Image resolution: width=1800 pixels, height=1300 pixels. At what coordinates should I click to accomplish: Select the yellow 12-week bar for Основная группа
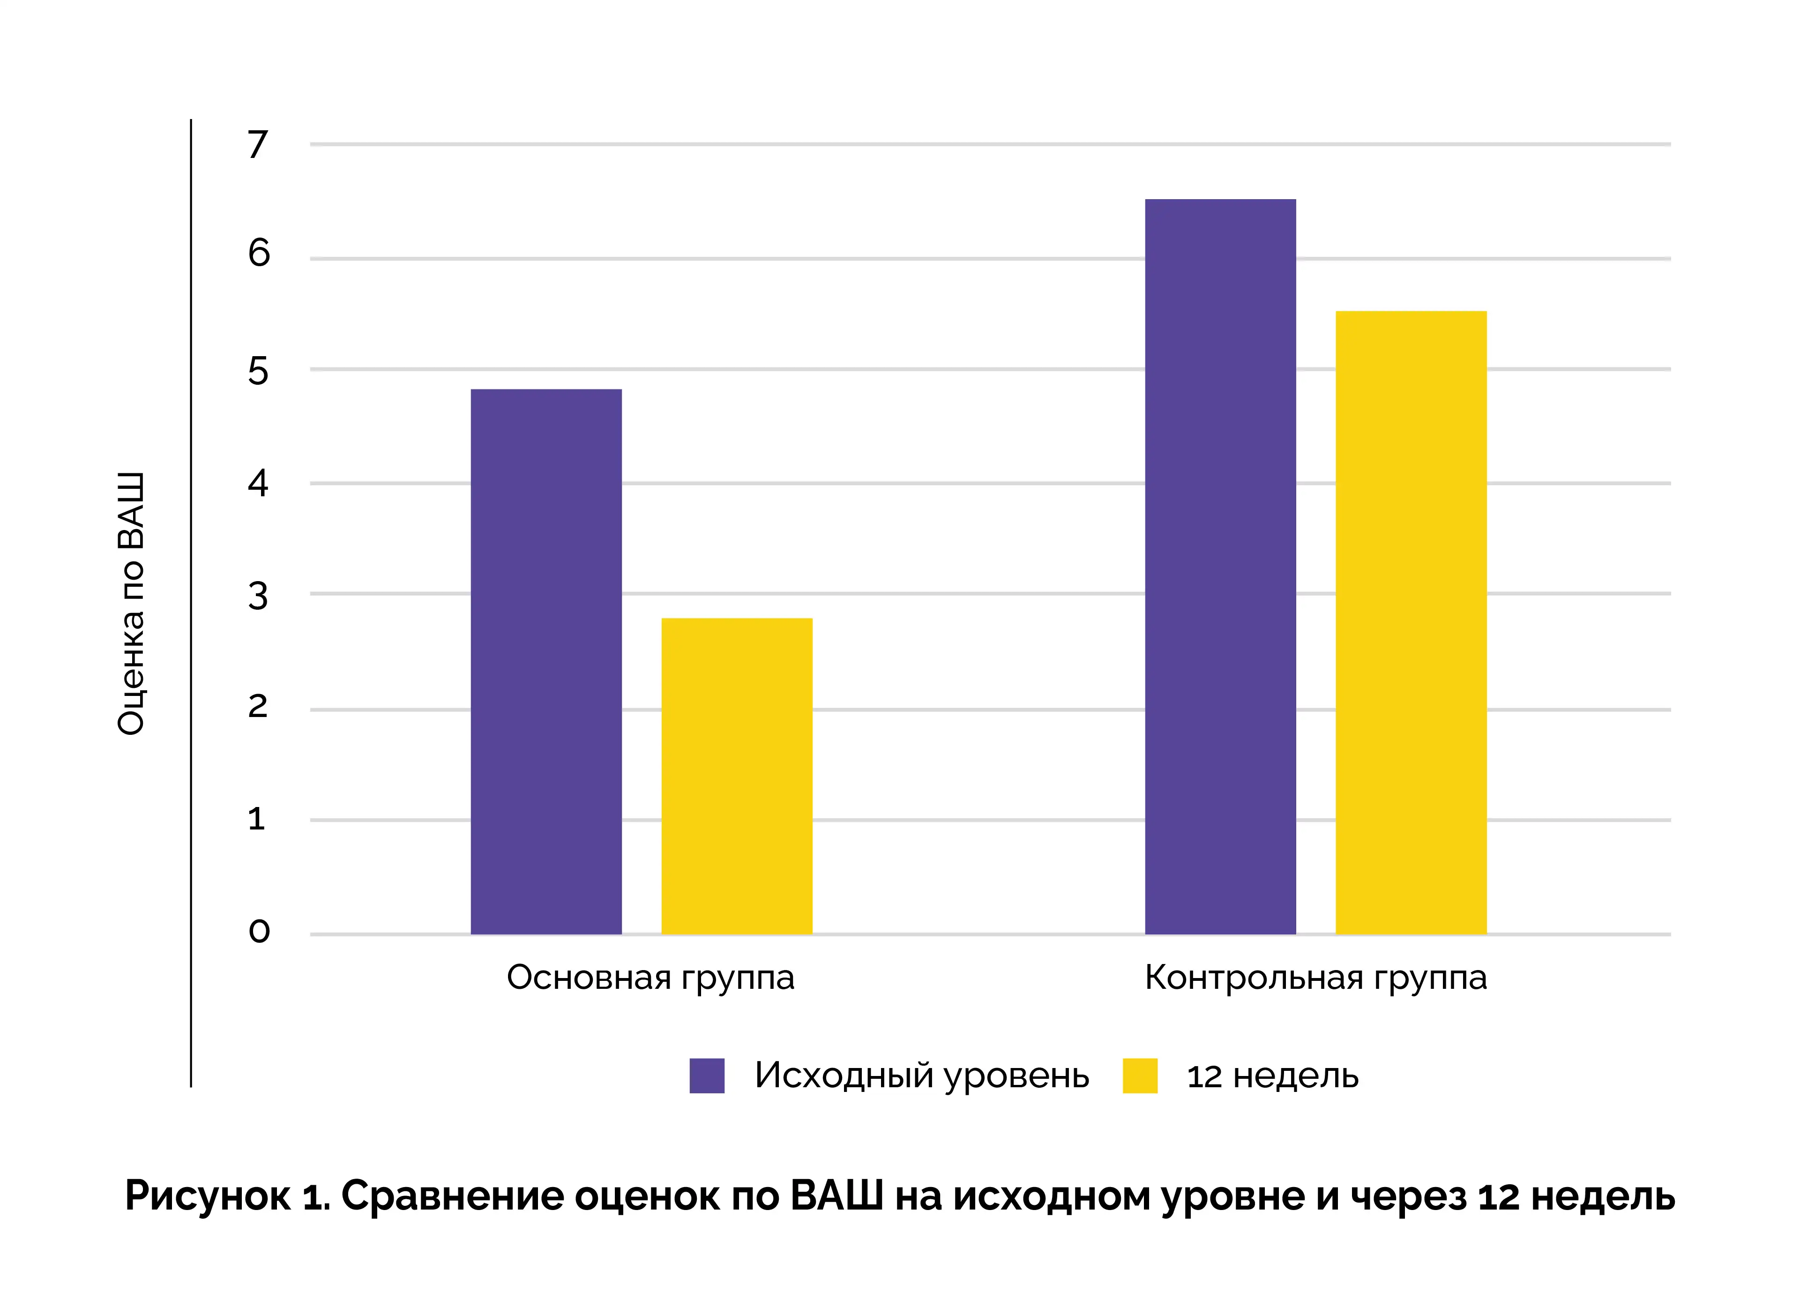coord(737,776)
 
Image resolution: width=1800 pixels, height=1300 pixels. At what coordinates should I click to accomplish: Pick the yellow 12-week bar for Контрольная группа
coord(1410,622)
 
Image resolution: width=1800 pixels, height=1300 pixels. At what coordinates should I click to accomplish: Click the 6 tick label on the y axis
coord(259,253)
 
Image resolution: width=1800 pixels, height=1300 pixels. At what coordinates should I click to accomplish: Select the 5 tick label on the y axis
coord(258,371)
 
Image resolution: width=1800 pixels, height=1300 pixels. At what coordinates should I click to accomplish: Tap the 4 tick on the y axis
coord(258,483)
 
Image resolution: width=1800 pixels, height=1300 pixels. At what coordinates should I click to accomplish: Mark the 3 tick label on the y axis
coord(258,596)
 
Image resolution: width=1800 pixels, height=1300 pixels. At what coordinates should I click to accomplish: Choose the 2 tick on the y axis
coord(258,706)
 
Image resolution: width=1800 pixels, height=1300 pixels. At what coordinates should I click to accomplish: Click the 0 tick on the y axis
coord(259,931)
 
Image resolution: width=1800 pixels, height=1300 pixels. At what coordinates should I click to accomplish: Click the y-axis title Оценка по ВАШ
coord(131,603)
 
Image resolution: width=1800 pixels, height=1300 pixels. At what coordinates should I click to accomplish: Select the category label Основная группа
coord(650,978)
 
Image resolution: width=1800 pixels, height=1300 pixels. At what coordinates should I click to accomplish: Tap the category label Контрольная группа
coord(1315,978)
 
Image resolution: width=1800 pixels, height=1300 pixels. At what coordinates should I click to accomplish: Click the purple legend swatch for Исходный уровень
coord(706,1076)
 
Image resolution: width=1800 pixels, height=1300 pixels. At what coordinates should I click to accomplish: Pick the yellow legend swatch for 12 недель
coord(1140,1076)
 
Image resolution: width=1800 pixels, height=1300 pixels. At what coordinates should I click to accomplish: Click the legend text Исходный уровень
coord(921,1076)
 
